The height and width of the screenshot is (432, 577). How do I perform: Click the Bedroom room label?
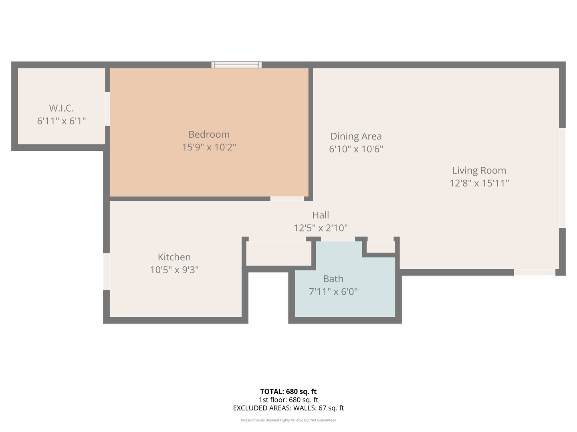209,134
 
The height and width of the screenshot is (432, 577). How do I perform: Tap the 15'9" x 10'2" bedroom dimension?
209,147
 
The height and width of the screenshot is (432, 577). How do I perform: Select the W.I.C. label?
61,108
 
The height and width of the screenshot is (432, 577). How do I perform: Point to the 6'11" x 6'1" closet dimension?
61,121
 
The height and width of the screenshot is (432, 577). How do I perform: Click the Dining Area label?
356,136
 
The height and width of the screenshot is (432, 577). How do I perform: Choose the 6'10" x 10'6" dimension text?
356,149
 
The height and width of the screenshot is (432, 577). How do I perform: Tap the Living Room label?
479,170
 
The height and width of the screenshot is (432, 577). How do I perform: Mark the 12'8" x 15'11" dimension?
479,183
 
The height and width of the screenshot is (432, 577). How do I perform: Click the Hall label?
321,215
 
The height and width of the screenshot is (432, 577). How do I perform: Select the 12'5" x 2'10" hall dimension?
321,228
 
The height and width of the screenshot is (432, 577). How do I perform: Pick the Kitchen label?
174,257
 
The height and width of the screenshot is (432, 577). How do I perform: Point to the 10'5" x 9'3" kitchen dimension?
174,270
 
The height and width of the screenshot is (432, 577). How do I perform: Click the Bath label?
333,279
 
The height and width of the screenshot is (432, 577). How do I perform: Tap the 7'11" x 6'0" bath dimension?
333,292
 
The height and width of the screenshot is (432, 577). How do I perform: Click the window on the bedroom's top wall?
236,65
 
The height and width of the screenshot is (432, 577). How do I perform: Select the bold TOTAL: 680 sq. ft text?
288,392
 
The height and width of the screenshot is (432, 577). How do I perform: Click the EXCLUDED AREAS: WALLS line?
288,408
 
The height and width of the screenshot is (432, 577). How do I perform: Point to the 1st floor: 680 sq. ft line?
288,400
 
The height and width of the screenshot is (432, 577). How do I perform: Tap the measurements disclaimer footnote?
288,420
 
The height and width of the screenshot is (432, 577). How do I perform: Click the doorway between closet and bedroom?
107,109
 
